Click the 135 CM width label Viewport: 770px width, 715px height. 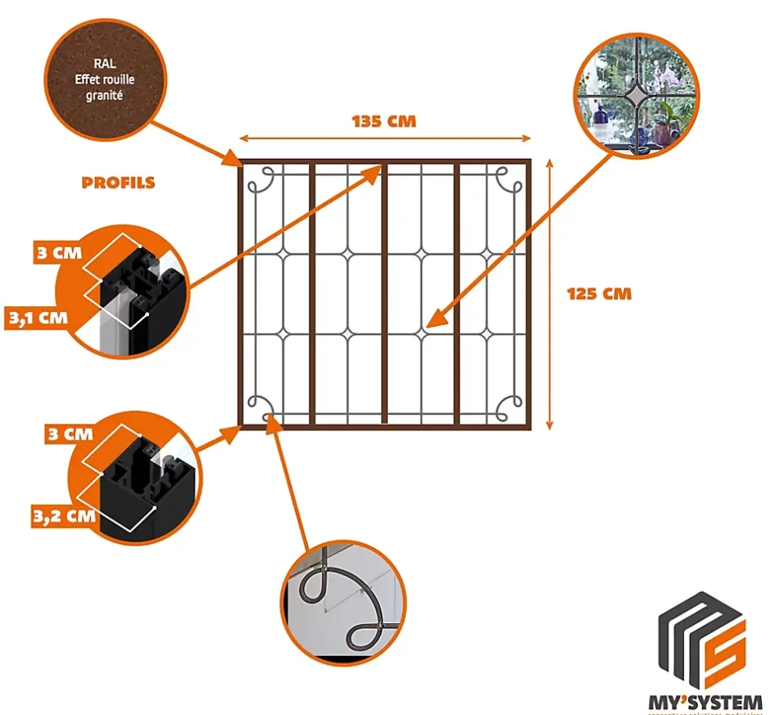pyautogui.click(x=384, y=122)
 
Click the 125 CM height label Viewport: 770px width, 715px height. pyautogui.click(x=599, y=293)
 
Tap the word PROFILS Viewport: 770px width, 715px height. pyautogui.click(x=118, y=183)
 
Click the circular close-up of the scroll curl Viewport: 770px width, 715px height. pyautogui.click(x=343, y=603)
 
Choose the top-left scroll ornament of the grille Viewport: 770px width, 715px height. pyautogui.click(x=261, y=180)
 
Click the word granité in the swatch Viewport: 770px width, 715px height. pyautogui.click(x=103, y=95)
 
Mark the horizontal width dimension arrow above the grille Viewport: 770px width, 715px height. pyautogui.click(x=384, y=140)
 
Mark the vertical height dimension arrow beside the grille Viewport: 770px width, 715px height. pyautogui.click(x=550, y=293)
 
